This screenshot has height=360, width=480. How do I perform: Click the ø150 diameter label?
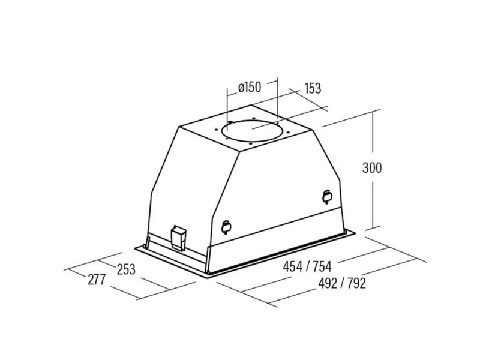[250, 87]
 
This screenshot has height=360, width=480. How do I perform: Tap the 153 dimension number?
[313, 88]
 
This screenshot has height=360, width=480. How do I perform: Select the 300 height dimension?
[372, 168]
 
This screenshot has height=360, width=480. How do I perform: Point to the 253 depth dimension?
[126, 269]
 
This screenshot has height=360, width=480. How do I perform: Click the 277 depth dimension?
[97, 280]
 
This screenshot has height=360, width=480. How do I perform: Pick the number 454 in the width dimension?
[292, 266]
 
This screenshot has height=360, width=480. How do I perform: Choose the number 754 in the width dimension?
[322, 266]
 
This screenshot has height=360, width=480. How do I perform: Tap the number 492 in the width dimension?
[328, 283]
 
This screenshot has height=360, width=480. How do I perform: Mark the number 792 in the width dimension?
[356, 283]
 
